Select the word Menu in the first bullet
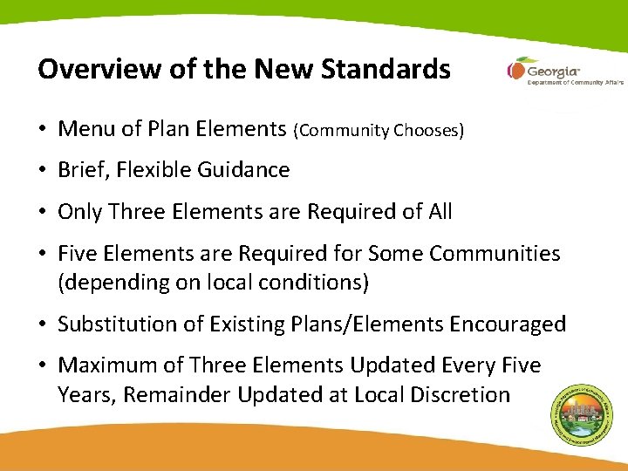click(85, 130)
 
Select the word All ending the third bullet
click(437, 211)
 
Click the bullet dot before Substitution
click(43, 324)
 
